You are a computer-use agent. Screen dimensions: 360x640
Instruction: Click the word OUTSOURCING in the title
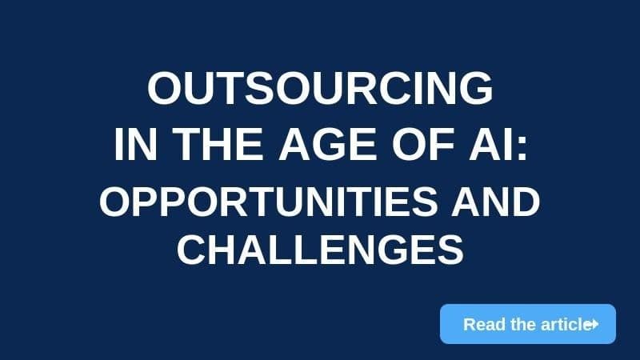[320, 89]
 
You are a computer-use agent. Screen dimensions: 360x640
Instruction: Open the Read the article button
[528, 324]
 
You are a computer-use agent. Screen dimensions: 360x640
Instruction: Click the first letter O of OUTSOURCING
[164, 89]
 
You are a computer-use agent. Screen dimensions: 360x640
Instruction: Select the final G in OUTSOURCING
[476, 89]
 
